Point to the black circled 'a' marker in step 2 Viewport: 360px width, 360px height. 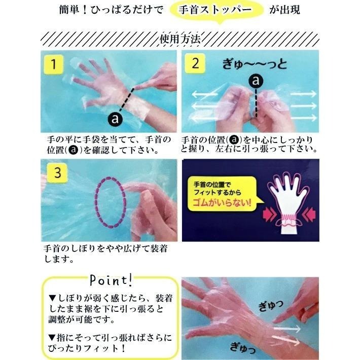coord(256,81)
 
